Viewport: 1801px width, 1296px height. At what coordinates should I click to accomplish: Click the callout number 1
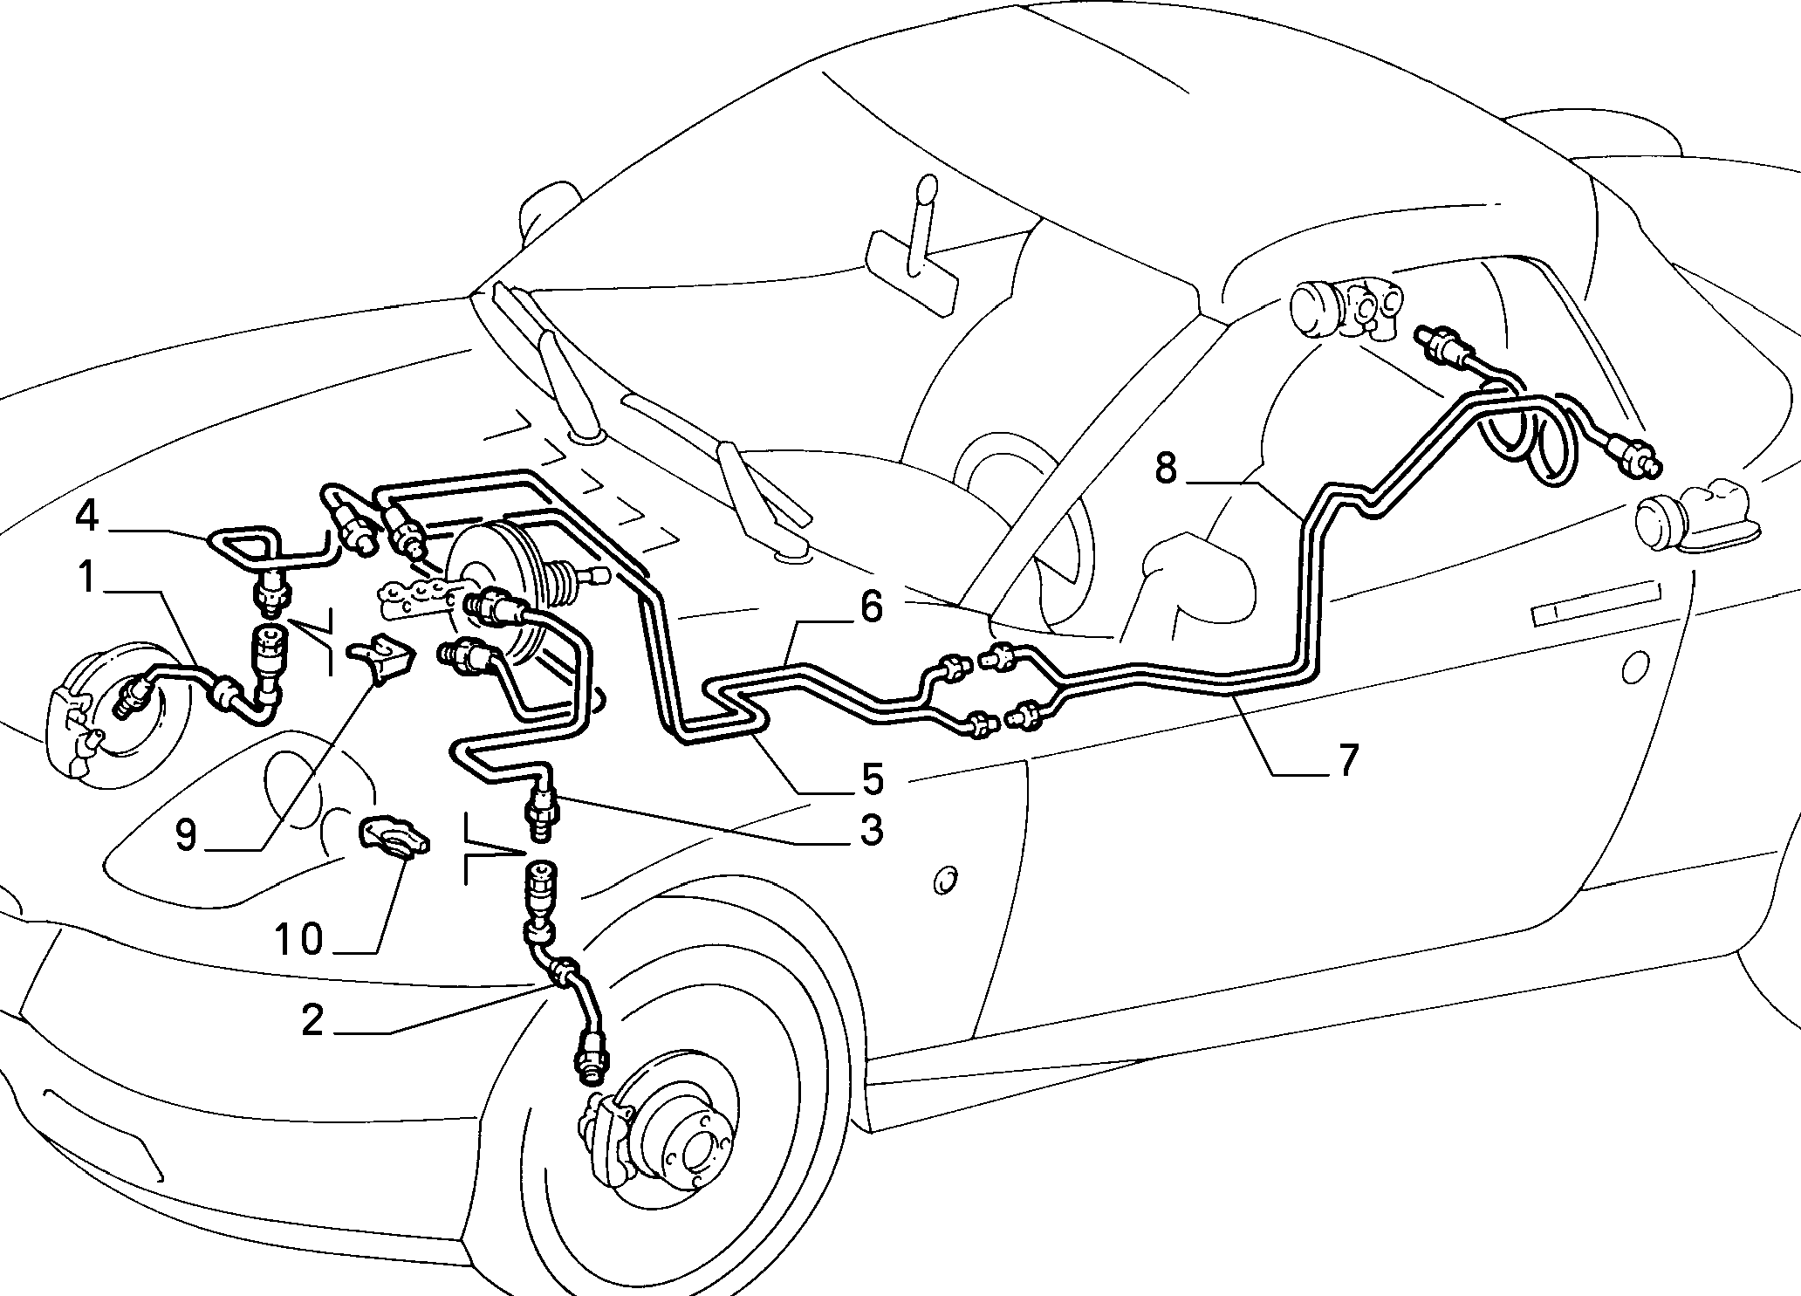87,578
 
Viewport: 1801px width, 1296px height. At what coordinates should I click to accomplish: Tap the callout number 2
312,1020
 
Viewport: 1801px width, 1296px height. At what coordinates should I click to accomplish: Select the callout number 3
870,829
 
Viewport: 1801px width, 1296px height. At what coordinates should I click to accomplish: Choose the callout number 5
870,778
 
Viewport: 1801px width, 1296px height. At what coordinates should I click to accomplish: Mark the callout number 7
1348,760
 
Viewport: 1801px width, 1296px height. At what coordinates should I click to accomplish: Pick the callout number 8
1166,469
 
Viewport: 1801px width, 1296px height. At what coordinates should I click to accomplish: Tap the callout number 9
188,834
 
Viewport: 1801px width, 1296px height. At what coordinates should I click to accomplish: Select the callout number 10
299,940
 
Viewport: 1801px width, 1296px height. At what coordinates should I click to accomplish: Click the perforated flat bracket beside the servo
414,597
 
